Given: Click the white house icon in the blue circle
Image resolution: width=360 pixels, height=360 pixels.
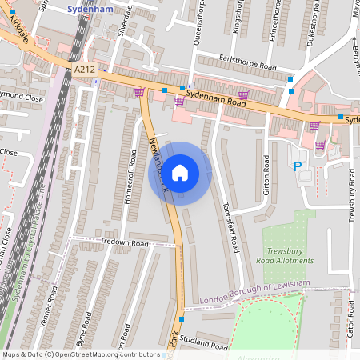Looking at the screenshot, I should pyautogui.click(x=180, y=173).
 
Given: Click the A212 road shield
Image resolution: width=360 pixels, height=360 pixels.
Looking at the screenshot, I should pyautogui.click(x=84, y=70).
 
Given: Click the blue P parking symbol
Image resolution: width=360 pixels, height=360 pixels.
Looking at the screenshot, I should pyautogui.click(x=298, y=166).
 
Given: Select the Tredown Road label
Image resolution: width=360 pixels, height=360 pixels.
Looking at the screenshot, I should pyautogui.click(x=125, y=242).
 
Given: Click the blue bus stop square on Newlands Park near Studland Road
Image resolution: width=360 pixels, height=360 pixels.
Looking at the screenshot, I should pyautogui.click(x=182, y=319).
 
